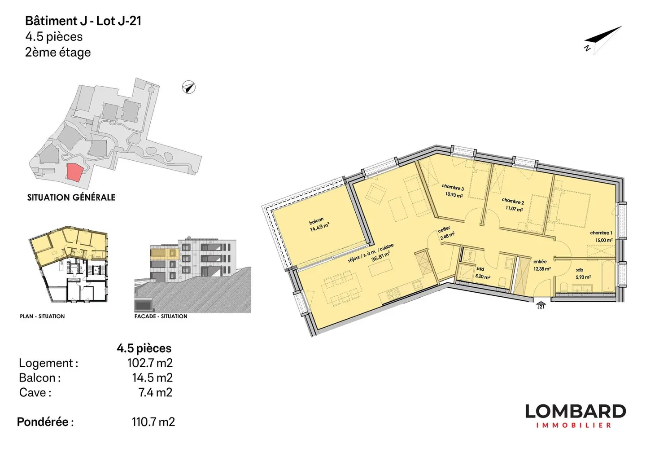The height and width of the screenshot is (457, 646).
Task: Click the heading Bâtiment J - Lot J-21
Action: coord(83,21)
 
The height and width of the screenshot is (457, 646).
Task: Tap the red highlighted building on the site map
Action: coord(74,172)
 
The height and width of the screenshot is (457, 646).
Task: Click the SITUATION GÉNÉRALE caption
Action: coord(71,198)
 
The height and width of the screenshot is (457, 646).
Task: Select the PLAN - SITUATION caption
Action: coord(42,316)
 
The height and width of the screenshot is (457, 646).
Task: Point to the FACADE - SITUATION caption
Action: coord(161,316)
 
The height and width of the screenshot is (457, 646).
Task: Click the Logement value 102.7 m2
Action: coord(150,363)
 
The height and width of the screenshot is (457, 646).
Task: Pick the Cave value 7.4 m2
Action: coord(155,392)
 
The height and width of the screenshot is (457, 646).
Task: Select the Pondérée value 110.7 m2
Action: coord(153,422)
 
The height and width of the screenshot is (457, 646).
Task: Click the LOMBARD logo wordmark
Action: coord(575,412)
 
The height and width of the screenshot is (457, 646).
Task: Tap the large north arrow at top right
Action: coord(604,40)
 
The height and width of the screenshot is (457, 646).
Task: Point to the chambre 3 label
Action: coord(453,187)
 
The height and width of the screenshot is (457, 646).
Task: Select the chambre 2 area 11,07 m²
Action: coord(514,209)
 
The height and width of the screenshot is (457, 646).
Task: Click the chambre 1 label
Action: coord(601,233)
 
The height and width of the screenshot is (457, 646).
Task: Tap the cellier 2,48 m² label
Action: coord(446,233)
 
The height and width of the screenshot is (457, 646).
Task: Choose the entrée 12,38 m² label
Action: coord(541,265)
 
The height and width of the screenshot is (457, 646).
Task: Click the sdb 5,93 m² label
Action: coord(583,273)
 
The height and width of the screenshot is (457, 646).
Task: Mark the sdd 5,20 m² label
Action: coord(482,273)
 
